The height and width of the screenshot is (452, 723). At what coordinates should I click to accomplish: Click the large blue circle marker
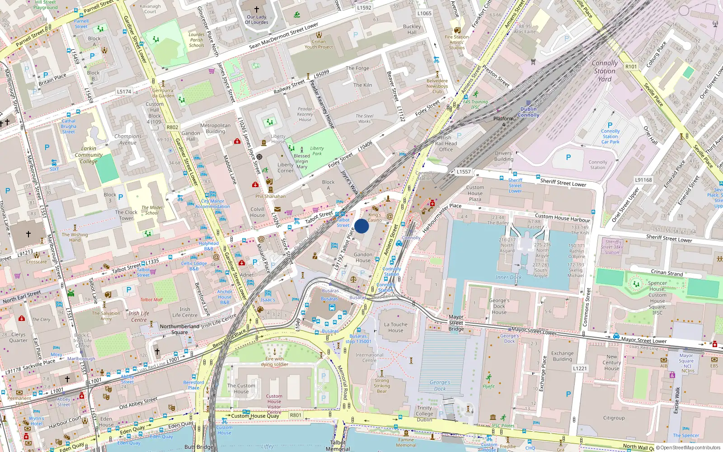pyautogui.click(x=361, y=226)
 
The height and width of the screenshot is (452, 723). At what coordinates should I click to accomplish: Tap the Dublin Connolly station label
pyautogui.click(x=528, y=112)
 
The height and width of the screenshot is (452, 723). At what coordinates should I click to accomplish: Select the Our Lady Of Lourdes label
pyautogui.click(x=256, y=19)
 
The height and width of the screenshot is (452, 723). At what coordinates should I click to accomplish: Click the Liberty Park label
pyautogui.click(x=317, y=151)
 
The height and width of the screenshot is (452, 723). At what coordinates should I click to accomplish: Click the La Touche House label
pyautogui.click(x=395, y=327)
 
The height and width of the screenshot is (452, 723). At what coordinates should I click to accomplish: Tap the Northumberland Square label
pyautogui.click(x=179, y=329)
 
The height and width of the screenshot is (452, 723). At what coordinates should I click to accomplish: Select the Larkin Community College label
pyautogui.click(x=89, y=155)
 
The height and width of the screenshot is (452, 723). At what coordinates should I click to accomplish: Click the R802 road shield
pyautogui.click(x=172, y=127)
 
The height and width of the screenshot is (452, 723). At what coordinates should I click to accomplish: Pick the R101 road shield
pyautogui.click(x=631, y=66)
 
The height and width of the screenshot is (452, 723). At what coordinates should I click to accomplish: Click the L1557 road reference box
pyautogui.click(x=463, y=172)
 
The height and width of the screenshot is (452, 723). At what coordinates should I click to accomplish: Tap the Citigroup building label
pyautogui.click(x=614, y=418)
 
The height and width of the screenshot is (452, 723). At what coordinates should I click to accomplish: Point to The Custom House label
pyautogui.click(x=241, y=388)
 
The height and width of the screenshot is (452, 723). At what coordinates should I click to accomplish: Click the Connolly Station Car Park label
pyautogui.click(x=610, y=136)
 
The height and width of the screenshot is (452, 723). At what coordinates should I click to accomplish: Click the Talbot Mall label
pyautogui.click(x=151, y=300)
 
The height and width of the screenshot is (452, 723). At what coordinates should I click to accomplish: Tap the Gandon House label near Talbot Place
pyautogui.click(x=363, y=257)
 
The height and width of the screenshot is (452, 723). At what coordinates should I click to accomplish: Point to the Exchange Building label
pyautogui.click(x=562, y=356)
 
